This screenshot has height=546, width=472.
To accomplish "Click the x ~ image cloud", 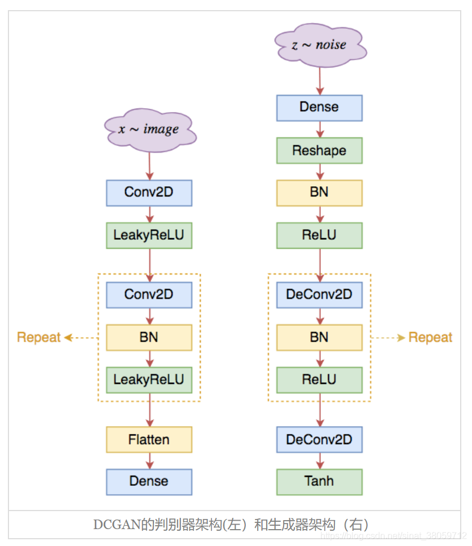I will click(150, 129).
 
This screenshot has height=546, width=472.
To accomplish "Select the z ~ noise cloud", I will click(320, 45).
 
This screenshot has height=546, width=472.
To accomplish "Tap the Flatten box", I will click(149, 439).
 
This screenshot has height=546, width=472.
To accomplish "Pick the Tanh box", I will click(319, 482).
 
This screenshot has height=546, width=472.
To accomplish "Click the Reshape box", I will click(319, 151).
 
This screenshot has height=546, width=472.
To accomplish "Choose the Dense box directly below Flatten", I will click(149, 482).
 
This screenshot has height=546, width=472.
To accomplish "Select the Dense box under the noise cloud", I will click(319, 108).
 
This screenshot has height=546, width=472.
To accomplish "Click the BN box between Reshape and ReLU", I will click(319, 193).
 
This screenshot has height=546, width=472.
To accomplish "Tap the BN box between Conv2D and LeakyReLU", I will click(149, 337).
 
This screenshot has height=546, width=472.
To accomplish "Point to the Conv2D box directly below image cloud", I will click(149, 193).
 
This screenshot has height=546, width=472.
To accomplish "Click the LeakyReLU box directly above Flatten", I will click(149, 380).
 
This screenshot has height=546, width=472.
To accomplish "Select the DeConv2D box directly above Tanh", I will click(319, 439).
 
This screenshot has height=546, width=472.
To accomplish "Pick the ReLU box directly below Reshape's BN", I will click(319, 235).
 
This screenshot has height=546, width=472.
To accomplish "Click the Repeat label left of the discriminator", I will click(38, 338).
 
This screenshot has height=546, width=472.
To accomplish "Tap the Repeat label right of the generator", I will click(430, 338).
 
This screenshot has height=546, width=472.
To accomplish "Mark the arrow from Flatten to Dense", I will click(149, 460).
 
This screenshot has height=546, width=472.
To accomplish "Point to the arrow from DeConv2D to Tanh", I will click(320, 460).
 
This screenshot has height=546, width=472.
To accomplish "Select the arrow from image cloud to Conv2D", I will click(149, 165).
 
